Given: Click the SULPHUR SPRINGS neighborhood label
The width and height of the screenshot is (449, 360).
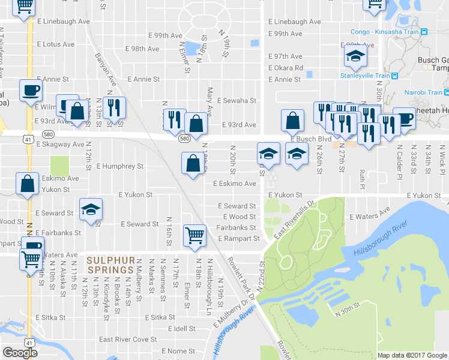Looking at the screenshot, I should [x=109, y=265].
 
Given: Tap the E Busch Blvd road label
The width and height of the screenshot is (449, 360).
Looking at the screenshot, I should [x=311, y=139].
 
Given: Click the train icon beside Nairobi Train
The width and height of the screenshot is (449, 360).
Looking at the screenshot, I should [x=448, y=92].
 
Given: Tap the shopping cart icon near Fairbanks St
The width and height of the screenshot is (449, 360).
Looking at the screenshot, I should [x=195, y=234].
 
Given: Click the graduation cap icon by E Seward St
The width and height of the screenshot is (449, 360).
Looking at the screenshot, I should [x=91, y=209].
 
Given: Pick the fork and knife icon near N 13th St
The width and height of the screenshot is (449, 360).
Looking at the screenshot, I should [x=113, y=108].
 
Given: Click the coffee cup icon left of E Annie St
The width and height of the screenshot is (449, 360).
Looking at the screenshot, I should [x=31, y=91].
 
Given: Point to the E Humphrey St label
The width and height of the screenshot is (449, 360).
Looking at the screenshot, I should [x=119, y=166].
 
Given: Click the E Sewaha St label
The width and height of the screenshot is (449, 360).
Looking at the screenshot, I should [x=237, y=101].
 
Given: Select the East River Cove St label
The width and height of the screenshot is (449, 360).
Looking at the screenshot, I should [x=128, y=340].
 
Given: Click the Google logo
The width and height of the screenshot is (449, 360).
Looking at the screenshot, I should [x=20, y=353].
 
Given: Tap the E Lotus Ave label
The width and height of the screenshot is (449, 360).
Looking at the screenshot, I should [x=56, y=44].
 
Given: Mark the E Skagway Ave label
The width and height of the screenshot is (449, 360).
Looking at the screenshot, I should [x=60, y=145].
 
